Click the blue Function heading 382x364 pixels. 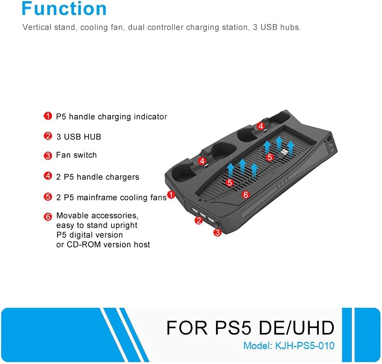pos(64,9)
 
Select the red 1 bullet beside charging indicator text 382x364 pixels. pos(48,116)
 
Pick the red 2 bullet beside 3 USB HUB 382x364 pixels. pos(48,136)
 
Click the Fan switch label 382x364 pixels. pos(76,155)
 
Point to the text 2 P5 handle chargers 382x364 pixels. pos(97,177)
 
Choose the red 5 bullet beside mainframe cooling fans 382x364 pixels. pos(48,197)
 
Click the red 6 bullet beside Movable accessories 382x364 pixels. pos(48,216)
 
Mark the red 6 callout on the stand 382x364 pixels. pos(246,194)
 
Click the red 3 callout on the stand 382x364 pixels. pos(217,233)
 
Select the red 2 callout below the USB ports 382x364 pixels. pos(198,220)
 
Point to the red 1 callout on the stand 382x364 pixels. pos(171,194)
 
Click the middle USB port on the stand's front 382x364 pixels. pos(203,215)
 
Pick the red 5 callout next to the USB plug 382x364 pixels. pos(269,157)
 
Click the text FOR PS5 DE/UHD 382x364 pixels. pos(250,328)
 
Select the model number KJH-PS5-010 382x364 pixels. pos(304,346)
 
